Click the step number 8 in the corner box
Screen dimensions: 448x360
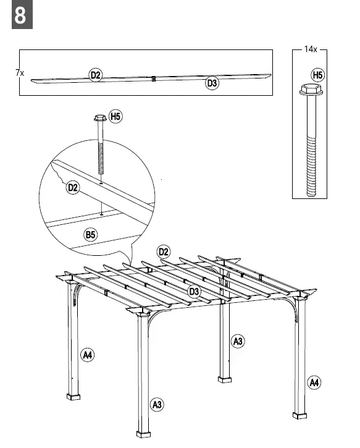(x=20, y=16)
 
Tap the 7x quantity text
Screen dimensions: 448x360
(x=20, y=73)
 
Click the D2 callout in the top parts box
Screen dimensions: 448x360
(x=96, y=75)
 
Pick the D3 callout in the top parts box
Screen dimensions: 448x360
(x=212, y=83)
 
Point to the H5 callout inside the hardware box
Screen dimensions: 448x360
(x=317, y=75)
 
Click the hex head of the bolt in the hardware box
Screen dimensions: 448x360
(x=308, y=91)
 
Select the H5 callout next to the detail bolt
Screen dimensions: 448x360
(x=115, y=116)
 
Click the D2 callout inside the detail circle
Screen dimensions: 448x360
(x=73, y=188)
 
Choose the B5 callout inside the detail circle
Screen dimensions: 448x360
(x=91, y=234)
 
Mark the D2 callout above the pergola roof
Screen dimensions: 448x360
(x=164, y=251)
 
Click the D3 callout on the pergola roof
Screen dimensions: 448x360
(x=194, y=291)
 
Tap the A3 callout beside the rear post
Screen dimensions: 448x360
(x=238, y=340)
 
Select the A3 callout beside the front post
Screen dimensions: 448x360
(x=157, y=405)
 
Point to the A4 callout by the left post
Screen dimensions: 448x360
(x=88, y=354)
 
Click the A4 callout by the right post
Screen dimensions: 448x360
(x=314, y=382)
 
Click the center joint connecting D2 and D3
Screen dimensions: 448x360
(x=153, y=79)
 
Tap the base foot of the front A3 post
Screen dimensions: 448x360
(x=143, y=430)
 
